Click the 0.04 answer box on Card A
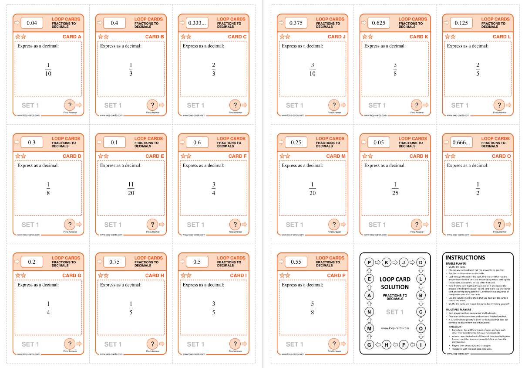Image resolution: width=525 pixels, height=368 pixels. click(x=32, y=23)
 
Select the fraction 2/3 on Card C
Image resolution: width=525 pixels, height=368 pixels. click(x=213, y=69)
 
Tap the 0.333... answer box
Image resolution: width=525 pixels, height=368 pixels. click(x=197, y=23)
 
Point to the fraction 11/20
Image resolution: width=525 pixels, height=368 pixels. click(x=131, y=189)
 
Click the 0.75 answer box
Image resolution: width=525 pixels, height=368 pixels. click(x=114, y=262)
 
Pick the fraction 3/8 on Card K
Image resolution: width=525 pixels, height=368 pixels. click(x=395, y=69)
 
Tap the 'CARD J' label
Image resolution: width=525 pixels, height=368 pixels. click(x=337, y=37)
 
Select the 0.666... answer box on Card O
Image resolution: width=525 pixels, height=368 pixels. click(x=461, y=142)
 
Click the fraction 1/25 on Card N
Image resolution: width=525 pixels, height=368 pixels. click(x=395, y=189)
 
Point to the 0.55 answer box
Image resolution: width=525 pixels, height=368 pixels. click(x=296, y=262)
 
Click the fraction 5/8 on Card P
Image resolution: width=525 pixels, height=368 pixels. click(x=312, y=308)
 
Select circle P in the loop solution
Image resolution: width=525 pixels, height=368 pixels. click(x=369, y=262)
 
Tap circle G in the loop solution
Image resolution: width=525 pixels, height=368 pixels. click(x=369, y=345)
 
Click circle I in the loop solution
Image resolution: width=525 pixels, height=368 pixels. click(x=421, y=345)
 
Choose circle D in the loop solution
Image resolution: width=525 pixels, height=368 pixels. click(x=421, y=262)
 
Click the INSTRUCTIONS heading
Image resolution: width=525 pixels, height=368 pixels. click(x=465, y=258)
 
